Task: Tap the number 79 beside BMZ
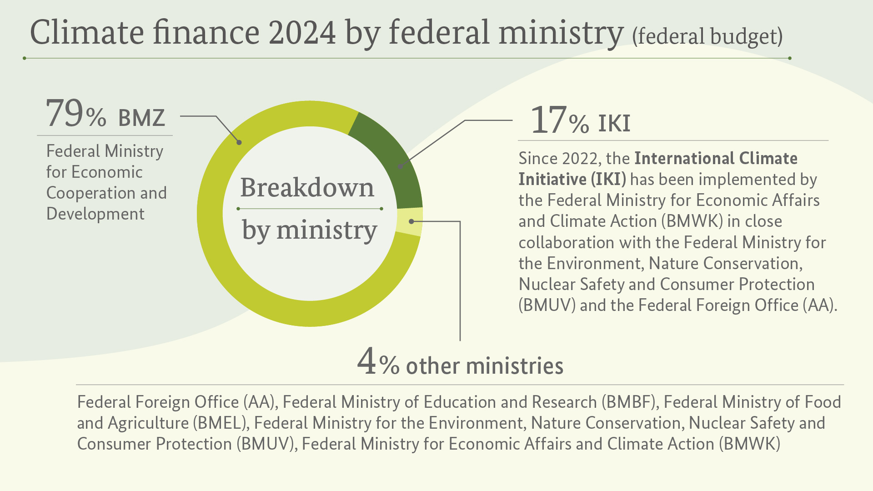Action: point(65,113)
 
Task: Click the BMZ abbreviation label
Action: point(141,118)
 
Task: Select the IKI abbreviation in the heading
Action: point(614,123)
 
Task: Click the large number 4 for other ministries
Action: point(366,361)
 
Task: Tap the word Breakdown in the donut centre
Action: point(307,187)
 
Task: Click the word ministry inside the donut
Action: point(326,230)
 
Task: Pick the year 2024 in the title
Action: point(302,33)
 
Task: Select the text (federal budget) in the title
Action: point(707,36)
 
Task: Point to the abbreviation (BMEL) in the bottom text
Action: point(221,423)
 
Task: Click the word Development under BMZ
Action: point(95,214)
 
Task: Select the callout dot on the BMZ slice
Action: point(239,142)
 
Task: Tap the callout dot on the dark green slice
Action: point(400,167)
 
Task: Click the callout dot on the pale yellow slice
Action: point(411,221)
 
